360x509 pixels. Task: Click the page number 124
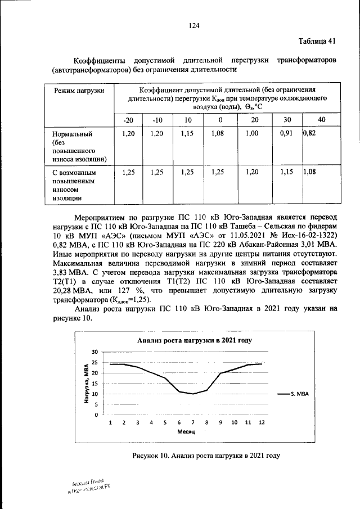[195, 25]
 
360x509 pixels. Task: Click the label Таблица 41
[317, 41]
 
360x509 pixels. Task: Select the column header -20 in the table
[129, 120]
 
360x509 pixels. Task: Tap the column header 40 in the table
[321, 120]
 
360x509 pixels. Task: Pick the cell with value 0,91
[286, 135]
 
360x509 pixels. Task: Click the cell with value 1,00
[254, 135]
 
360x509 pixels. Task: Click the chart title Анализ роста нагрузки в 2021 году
[194, 340]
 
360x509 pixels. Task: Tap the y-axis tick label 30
[95, 352]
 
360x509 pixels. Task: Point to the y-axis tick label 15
[95, 384]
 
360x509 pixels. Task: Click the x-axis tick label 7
[193, 422]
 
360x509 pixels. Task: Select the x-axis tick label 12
[262, 422]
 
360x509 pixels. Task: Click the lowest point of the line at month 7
[193, 394]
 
